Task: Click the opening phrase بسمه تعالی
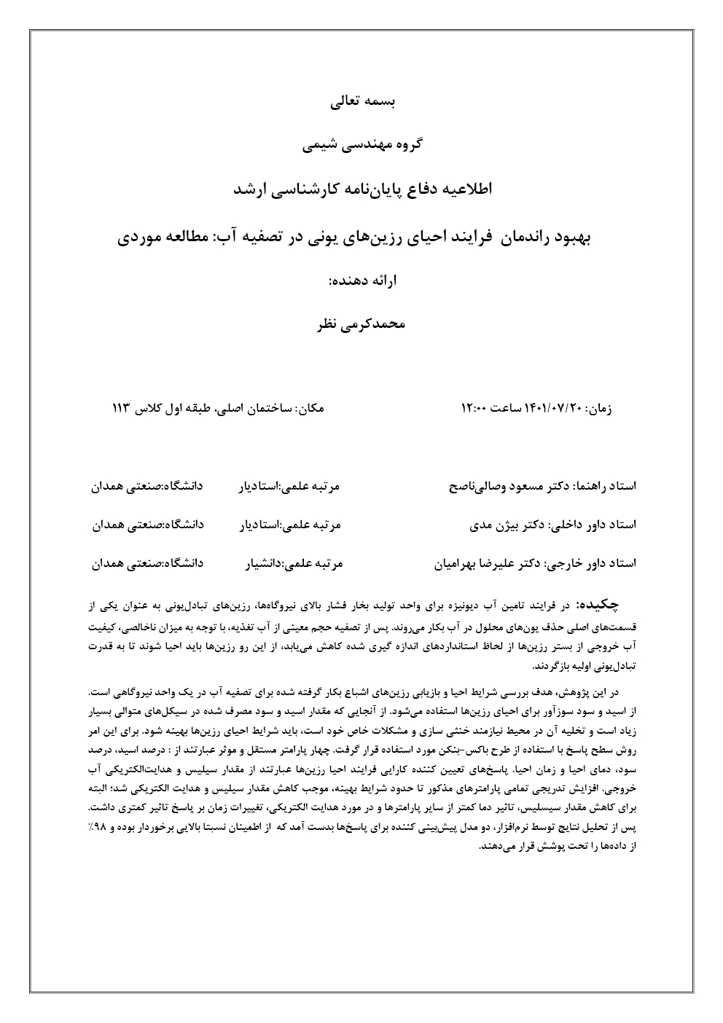tap(361, 102)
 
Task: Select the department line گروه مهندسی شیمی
tap(361, 145)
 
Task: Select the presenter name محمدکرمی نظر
tap(361, 324)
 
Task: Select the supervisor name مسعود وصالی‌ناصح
tap(496, 485)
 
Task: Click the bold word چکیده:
tap(598, 604)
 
